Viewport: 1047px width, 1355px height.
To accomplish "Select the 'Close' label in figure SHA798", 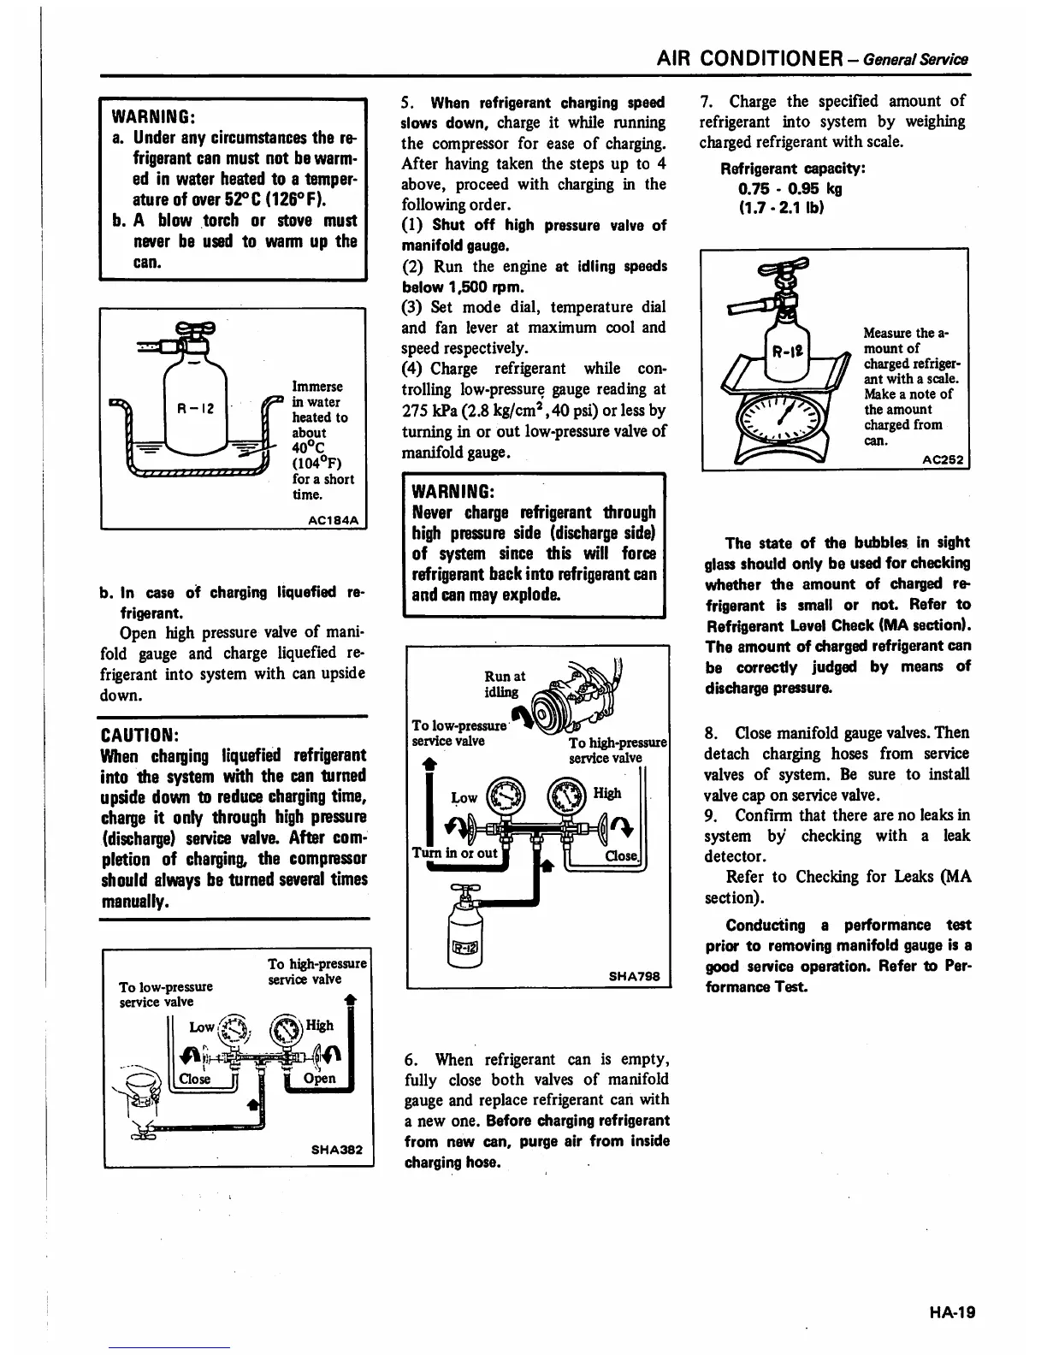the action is click(620, 855).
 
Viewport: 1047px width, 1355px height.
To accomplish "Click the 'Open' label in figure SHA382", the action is click(320, 1078).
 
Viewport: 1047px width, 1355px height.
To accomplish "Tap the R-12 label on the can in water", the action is click(196, 409).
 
